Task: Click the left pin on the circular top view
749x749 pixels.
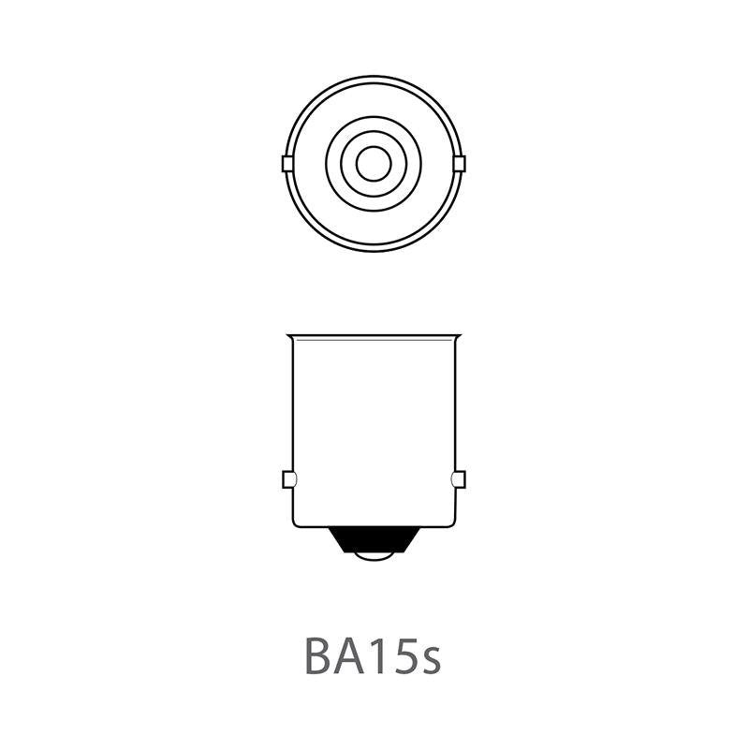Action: [x=288, y=164]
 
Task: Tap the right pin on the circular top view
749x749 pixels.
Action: [x=459, y=164]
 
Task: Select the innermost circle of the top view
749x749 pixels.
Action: [x=374, y=164]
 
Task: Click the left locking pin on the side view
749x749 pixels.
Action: [x=288, y=480]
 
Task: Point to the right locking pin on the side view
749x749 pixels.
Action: [x=459, y=480]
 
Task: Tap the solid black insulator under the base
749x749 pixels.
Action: [x=374, y=538]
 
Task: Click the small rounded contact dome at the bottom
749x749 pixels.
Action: [x=374, y=558]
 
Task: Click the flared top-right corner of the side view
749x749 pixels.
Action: [x=460, y=336]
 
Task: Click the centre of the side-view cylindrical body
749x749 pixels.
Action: [x=374, y=431]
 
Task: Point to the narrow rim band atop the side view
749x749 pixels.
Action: [x=374, y=337]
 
